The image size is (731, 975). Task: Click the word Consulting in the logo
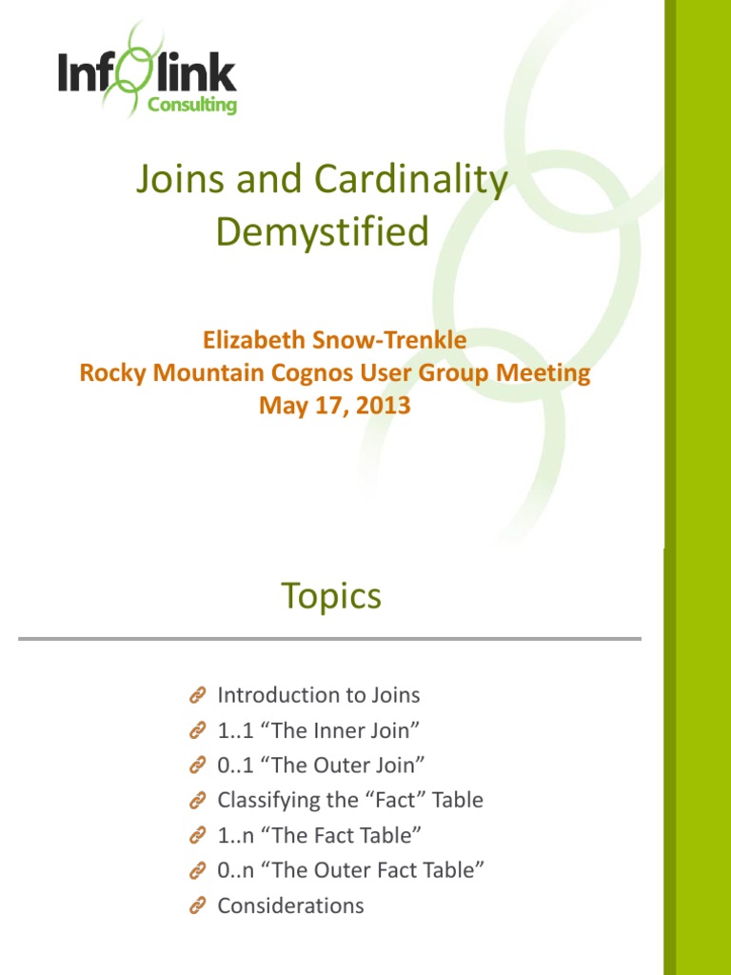coord(192,106)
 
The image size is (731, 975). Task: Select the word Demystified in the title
coord(323,231)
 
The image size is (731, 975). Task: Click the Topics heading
coord(331,596)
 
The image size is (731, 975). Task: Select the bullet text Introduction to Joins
coord(319,695)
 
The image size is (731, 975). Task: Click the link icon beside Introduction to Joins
coord(198,697)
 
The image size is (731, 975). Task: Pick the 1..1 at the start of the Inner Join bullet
coord(234,730)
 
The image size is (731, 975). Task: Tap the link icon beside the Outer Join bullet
coord(198,766)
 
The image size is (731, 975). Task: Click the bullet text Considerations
coord(290,905)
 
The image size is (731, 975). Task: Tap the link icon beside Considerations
coord(198,906)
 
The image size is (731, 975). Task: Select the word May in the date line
coord(281,405)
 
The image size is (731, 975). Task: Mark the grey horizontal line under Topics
coord(329,639)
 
